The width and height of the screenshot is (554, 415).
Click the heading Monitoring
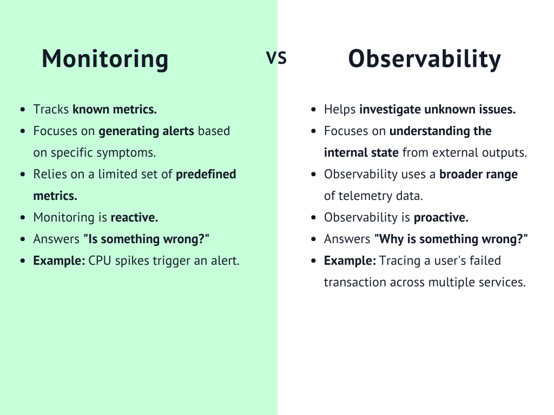[105, 59]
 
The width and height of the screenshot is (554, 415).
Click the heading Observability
[424, 59]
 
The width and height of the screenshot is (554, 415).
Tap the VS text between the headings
[276, 58]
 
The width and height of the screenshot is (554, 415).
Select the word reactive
[134, 217]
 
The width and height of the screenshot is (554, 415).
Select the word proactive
[441, 217]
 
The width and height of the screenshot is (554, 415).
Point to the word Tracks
[51, 109]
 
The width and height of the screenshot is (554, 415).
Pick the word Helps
[340, 109]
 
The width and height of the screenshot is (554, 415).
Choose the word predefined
[206, 174]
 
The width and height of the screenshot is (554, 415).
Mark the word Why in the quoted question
[391, 239]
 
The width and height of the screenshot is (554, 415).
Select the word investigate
[390, 109]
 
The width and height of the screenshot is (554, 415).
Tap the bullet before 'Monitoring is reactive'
[22, 218]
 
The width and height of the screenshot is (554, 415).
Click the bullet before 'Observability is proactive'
[314, 218]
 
